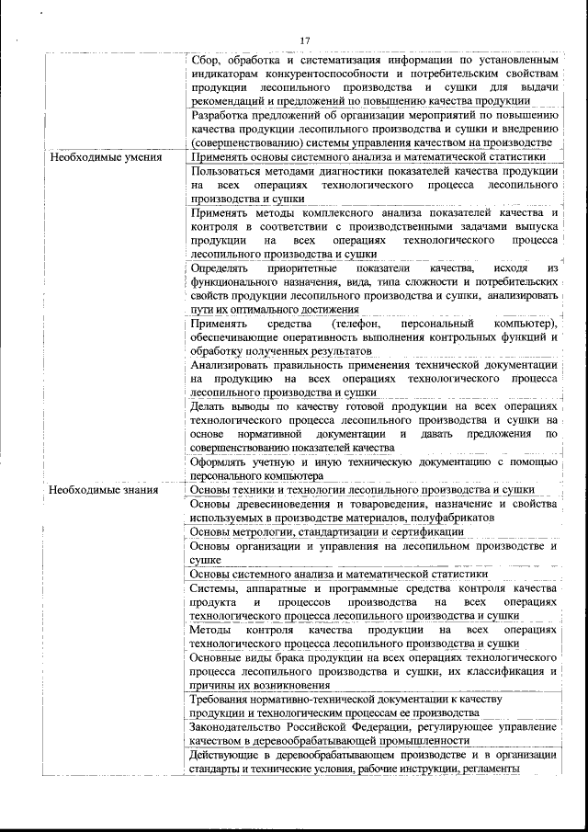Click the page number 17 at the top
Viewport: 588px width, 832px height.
click(x=305, y=39)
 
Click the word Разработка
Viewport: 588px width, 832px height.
click(x=221, y=116)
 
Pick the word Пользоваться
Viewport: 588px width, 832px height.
click(x=229, y=171)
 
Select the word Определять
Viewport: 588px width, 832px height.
click(x=220, y=268)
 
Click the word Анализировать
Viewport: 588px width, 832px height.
click(x=232, y=365)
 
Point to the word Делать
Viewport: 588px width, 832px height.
click(x=209, y=406)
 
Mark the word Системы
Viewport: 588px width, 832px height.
click(x=212, y=587)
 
